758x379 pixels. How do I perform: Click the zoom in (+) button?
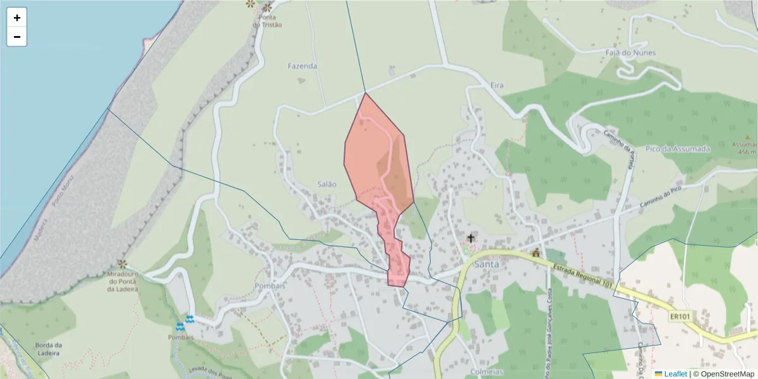(17, 18)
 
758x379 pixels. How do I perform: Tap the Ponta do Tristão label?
(267, 21)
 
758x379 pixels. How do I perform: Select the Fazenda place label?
(302, 66)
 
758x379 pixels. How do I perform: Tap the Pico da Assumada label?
(678, 148)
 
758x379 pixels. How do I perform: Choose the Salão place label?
(327, 184)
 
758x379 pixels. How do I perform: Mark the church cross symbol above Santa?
(470, 238)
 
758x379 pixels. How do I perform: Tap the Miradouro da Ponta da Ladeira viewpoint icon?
(122, 263)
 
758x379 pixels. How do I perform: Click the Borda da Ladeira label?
(49, 349)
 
